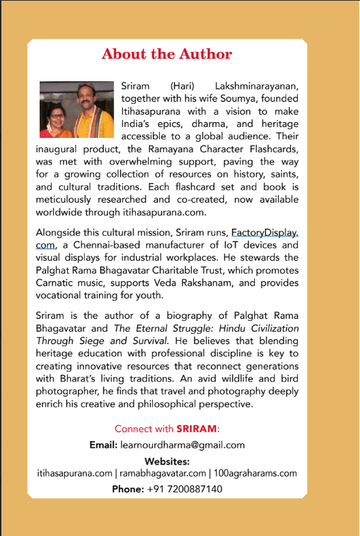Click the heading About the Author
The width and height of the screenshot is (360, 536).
167,55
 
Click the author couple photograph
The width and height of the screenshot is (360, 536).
76,110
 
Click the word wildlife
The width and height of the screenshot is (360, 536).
248,380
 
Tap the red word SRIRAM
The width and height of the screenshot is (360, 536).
197,429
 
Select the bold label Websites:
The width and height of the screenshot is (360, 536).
167,462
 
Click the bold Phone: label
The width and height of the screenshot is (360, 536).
128,489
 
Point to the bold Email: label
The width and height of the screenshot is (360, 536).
105,445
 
